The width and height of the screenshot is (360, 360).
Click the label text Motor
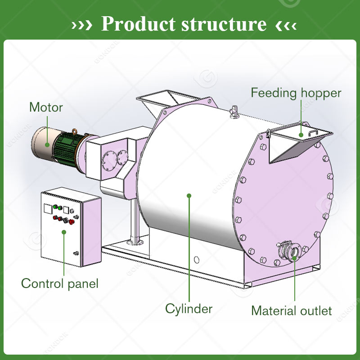point(46,107)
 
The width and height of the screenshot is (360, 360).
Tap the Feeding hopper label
point(296,93)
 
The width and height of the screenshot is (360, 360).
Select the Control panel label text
point(59,283)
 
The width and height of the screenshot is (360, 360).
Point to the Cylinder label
point(189,309)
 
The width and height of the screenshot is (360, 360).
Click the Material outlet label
point(291,310)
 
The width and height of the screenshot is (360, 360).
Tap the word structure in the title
point(223,24)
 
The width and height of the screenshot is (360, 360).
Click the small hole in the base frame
point(196,260)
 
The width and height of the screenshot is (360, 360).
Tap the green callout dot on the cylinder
point(189,195)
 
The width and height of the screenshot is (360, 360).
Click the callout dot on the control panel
point(64,232)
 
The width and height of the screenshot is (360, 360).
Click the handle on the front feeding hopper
point(312,132)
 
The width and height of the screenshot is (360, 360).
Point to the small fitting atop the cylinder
point(233,112)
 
